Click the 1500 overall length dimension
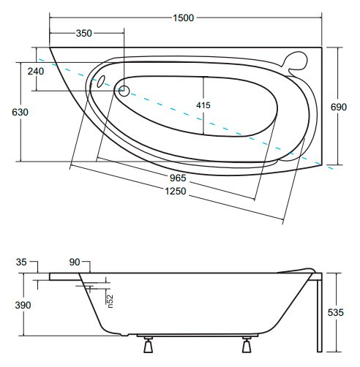point(183,18)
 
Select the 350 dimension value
point(83,33)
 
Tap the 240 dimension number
point(36,71)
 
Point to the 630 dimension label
point(20,112)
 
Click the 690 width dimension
point(339,107)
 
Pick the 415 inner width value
point(203,105)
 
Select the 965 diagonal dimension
point(178,178)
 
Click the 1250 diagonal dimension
point(176,191)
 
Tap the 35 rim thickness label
point(21,262)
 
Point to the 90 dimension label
point(75,262)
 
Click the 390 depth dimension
point(23,305)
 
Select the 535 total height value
point(336,312)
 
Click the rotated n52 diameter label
point(110,301)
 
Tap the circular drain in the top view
point(124,91)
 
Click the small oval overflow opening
point(101,81)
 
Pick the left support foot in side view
point(148,344)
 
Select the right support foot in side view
point(247,344)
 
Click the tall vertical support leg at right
point(320,312)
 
